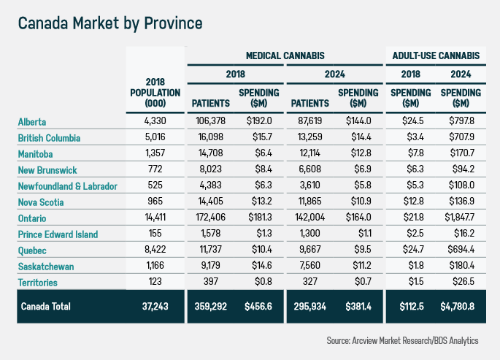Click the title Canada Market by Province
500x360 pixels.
tap(110, 23)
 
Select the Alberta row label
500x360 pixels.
tap(32, 122)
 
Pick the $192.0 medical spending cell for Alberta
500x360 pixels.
tap(258, 122)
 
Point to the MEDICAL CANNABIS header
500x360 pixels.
tap(285, 55)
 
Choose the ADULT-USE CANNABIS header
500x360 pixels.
tap(436, 55)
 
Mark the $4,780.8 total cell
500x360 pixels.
tap(461, 306)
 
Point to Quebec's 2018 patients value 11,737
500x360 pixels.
tap(211, 250)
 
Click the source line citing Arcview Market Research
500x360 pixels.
tap(412, 340)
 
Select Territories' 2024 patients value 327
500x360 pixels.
tap(310, 283)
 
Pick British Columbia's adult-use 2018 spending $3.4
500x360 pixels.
tap(409, 138)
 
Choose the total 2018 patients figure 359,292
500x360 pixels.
tap(211, 306)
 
